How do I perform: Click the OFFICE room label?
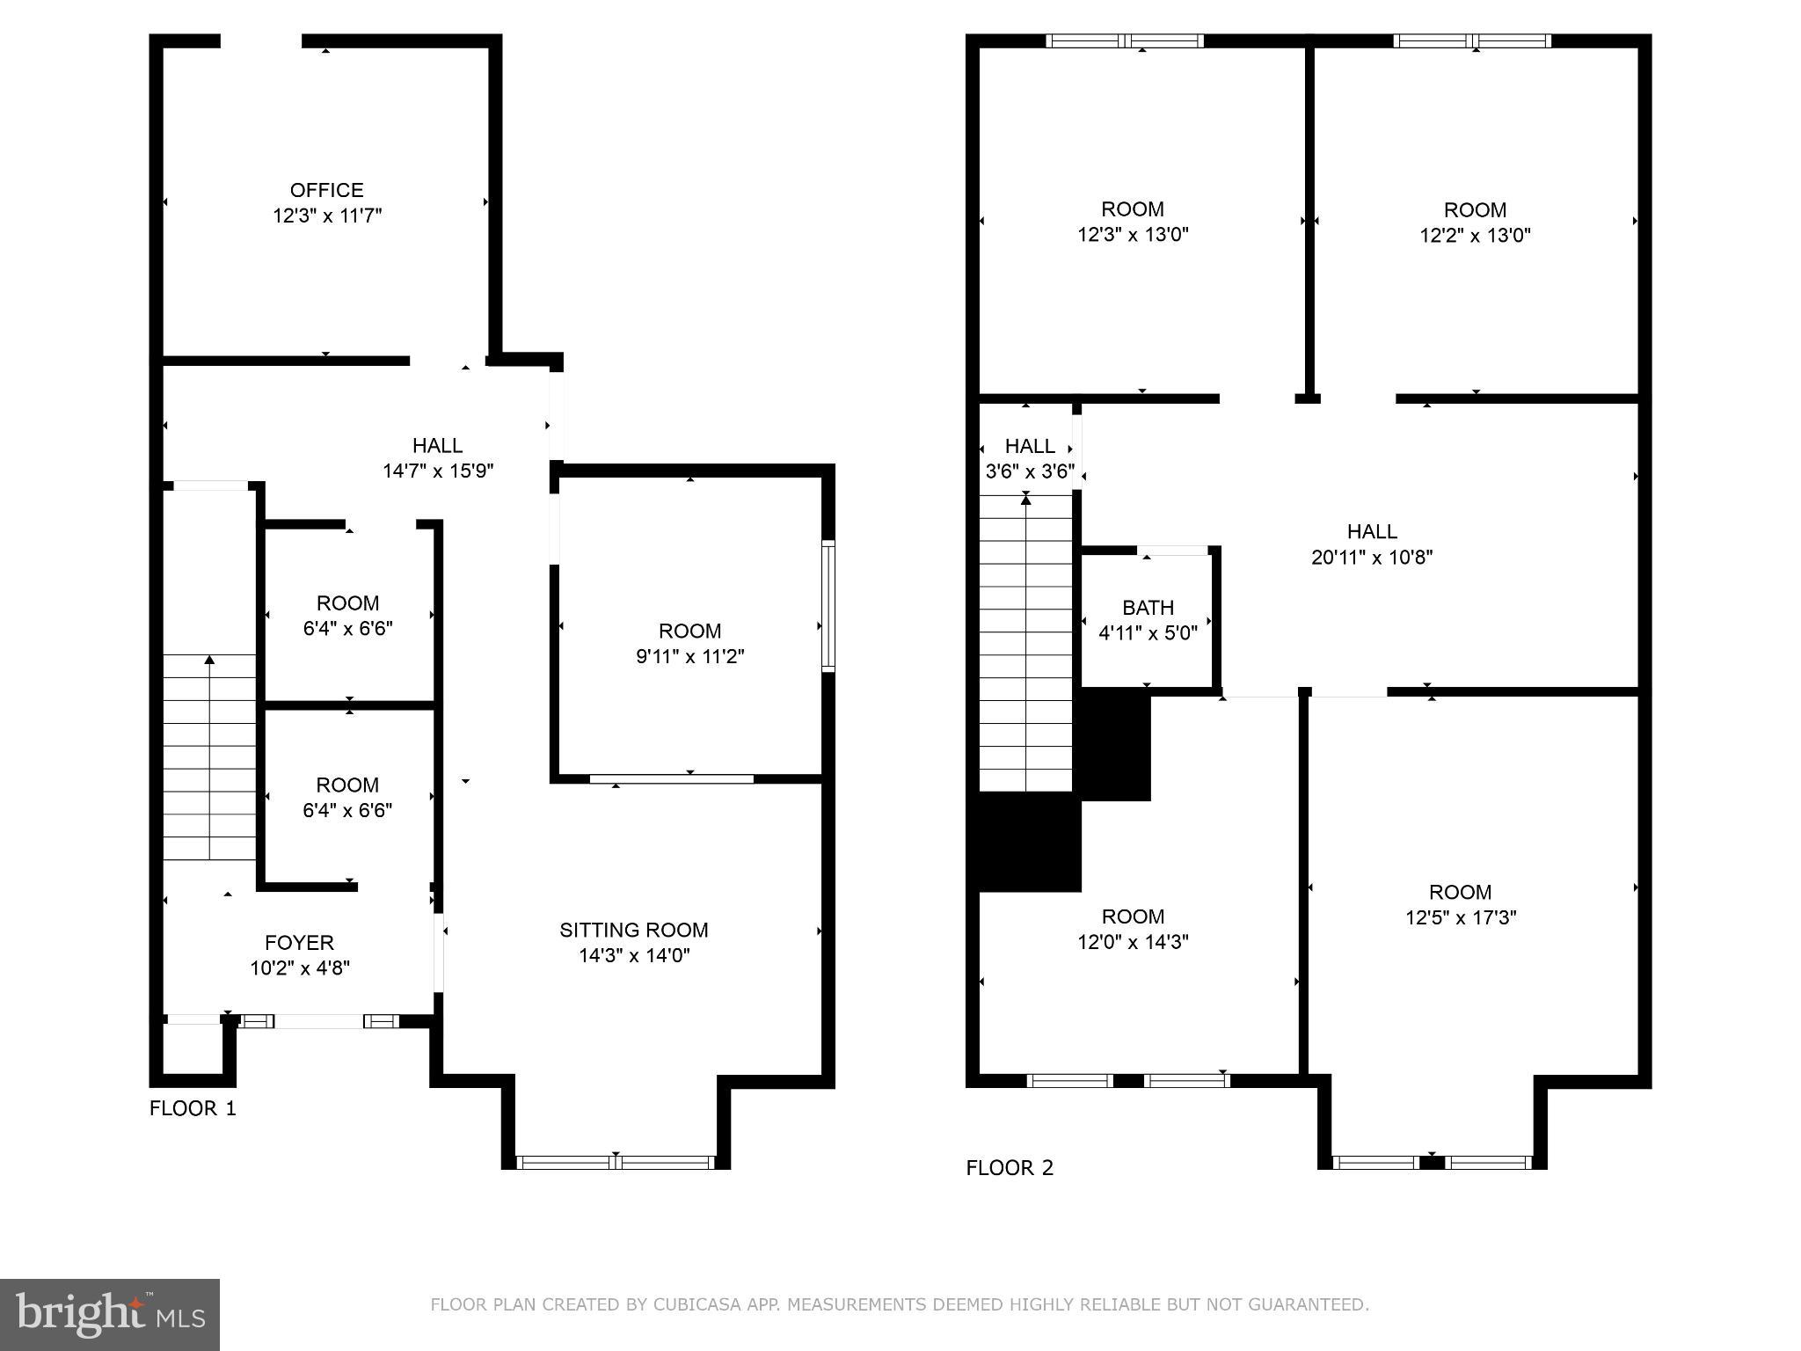(326, 190)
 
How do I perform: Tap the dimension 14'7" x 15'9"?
(438, 471)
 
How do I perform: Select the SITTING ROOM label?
(633, 930)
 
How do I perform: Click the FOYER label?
(299, 943)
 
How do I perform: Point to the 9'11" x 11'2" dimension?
(689, 656)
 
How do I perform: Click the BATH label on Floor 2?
(1148, 608)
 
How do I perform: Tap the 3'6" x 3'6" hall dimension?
(1029, 471)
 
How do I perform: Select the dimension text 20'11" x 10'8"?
(1372, 557)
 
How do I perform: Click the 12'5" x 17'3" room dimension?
(1460, 917)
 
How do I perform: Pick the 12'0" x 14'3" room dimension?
(1133, 942)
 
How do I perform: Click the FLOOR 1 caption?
(193, 1108)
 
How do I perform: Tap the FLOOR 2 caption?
(1010, 1168)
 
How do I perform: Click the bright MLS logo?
(110, 1314)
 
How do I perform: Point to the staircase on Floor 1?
(209, 756)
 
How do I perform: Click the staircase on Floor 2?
(1025, 642)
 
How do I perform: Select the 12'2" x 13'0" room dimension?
(1475, 236)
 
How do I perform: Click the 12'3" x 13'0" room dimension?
(1133, 235)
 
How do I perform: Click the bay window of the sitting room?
(615, 1163)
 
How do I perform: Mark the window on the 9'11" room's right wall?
(828, 607)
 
